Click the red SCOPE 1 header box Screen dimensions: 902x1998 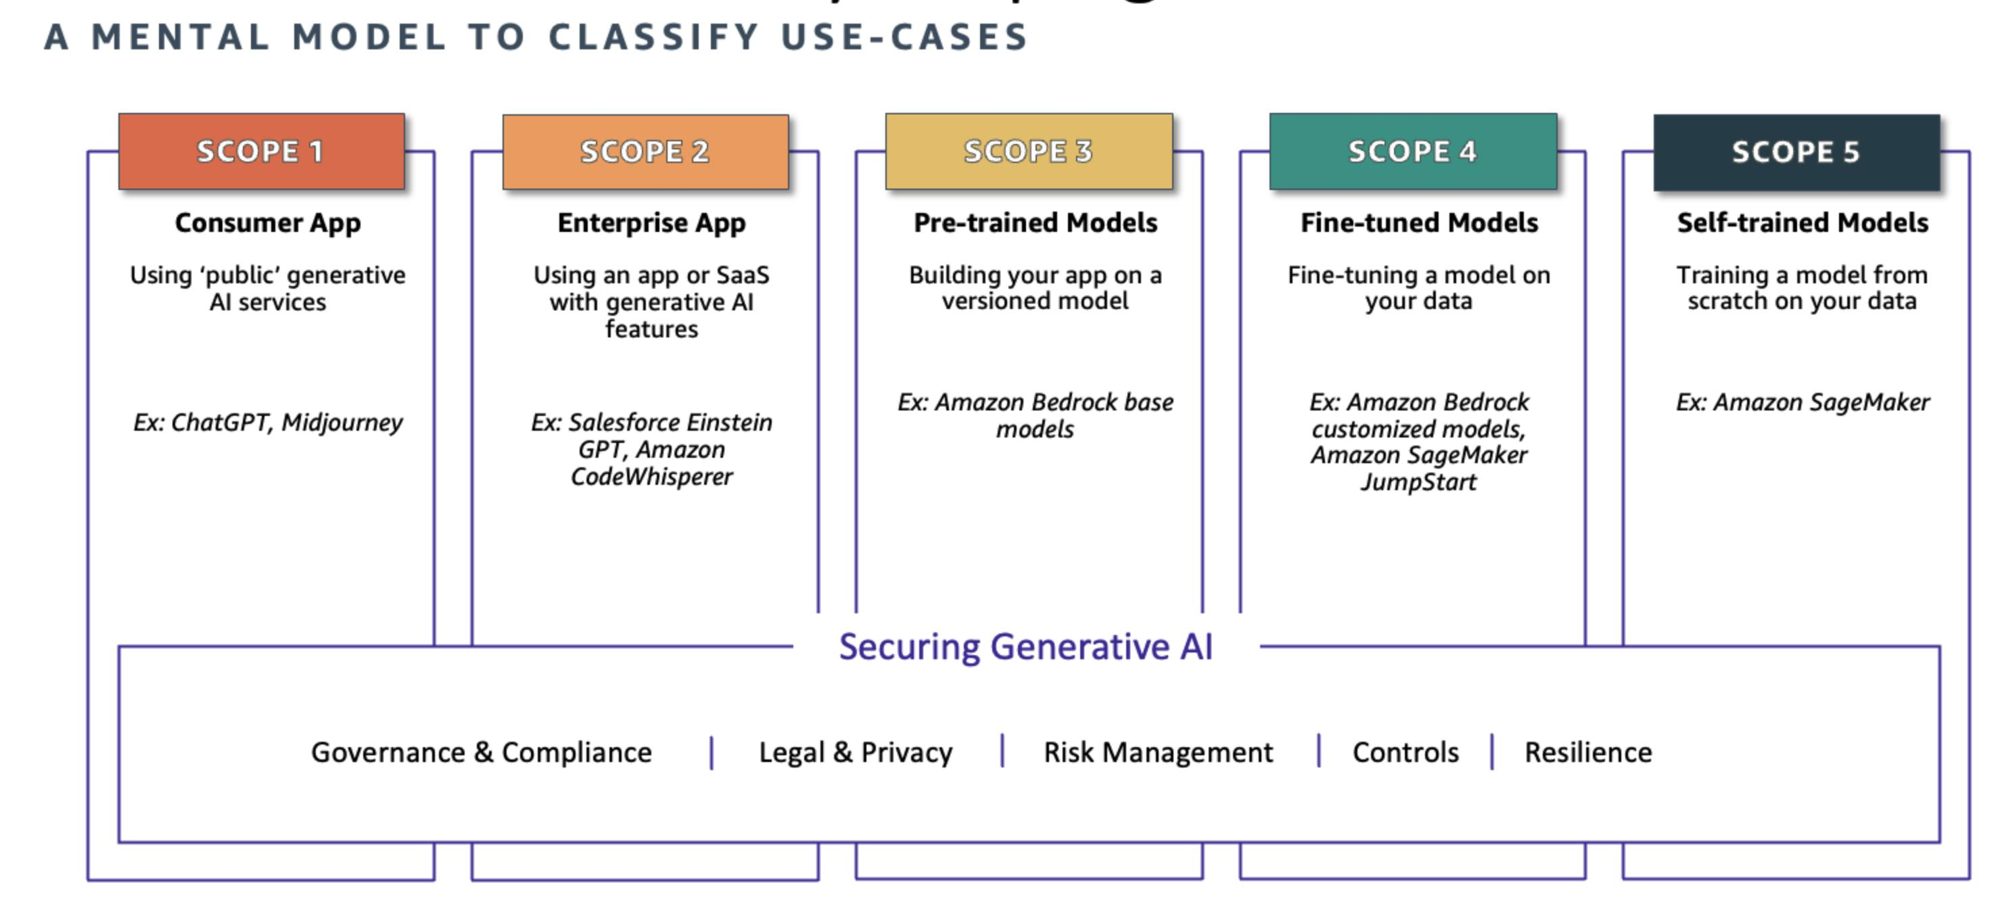click(261, 151)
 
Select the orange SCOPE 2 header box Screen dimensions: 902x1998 click(645, 151)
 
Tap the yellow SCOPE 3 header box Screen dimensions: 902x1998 click(1029, 151)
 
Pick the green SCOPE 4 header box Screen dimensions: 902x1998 click(1412, 151)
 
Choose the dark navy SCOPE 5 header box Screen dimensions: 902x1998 click(1796, 152)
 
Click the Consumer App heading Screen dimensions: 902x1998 click(268, 223)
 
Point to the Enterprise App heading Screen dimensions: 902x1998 click(651, 223)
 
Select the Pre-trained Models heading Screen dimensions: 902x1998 click(1036, 223)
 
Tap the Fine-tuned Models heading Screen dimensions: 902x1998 click(1420, 223)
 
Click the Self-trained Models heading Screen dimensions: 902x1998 click(1803, 223)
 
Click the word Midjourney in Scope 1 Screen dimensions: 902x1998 click(342, 423)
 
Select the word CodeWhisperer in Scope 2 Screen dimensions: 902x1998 click(651, 477)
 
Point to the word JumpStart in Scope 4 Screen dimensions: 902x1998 click(1418, 482)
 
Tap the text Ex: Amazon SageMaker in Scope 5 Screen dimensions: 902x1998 click(1803, 402)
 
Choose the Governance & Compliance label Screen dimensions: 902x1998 click(481, 753)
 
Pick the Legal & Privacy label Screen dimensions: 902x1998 click(856, 753)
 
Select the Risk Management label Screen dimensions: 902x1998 click(1158, 753)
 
